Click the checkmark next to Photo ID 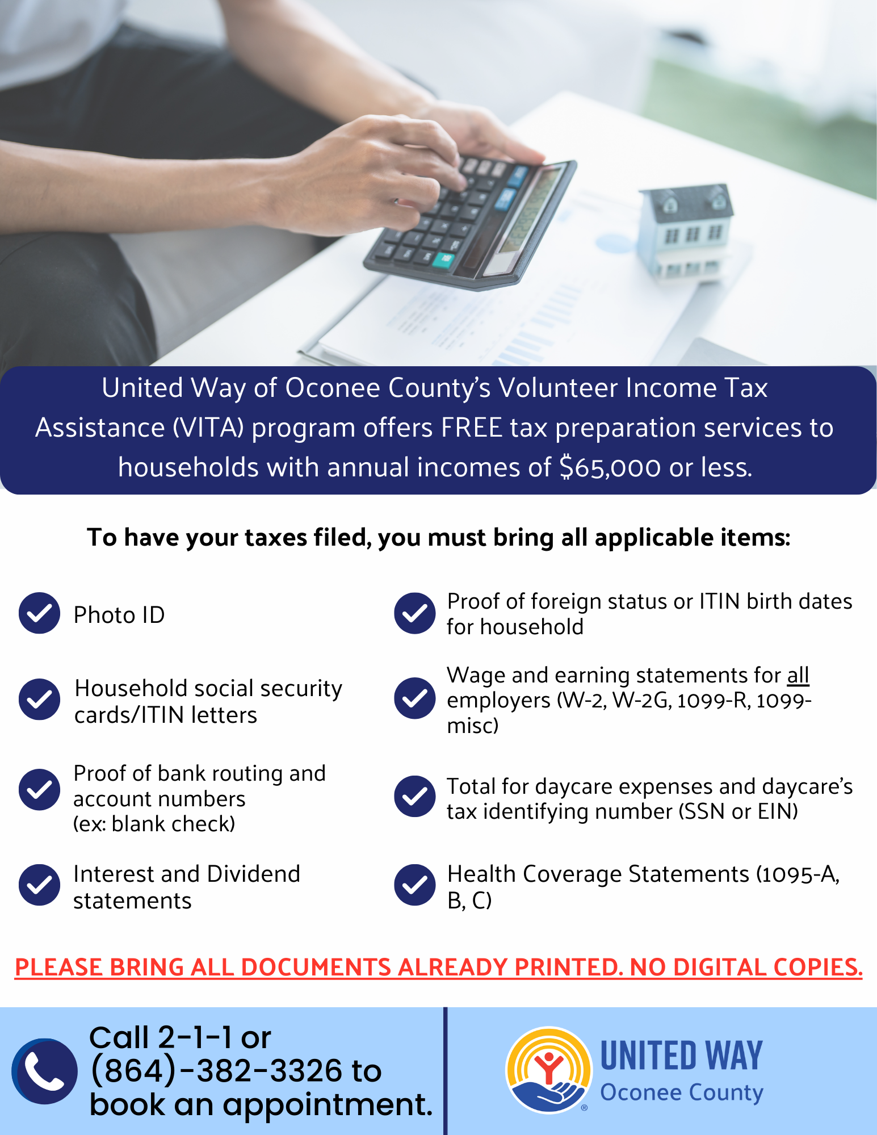[x=39, y=613]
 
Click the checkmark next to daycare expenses [x=415, y=797]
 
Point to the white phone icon [x=45, y=1071]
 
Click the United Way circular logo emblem [x=548, y=1070]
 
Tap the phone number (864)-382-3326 [x=216, y=1071]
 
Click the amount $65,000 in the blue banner [x=610, y=468]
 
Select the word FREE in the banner [x=472, y=428]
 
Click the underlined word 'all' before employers [x=798, y=675]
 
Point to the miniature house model [x=686, y=230]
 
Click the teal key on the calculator [x=443, y=260]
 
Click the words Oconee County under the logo [x=682, y=1092]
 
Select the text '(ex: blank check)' [x=154, y=824]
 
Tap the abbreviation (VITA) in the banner [x=208, y=428]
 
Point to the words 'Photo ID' [x=119, y=615]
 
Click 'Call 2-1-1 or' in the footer [x=181, y=1037]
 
